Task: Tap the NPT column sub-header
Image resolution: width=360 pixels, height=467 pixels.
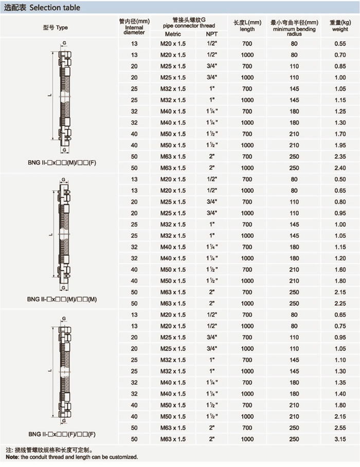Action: [211, 33]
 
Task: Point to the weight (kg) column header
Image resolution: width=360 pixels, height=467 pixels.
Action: [340, 26]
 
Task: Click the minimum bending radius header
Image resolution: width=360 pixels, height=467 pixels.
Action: [294, 26]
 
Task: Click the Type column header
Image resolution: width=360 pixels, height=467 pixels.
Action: [55, 28]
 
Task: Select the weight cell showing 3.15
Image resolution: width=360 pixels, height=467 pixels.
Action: [340, 439]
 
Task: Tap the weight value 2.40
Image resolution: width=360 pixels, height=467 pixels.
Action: [340, 168]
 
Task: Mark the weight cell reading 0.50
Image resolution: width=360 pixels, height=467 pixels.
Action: [340, 179]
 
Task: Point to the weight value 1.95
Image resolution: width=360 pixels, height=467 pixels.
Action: [340, 145]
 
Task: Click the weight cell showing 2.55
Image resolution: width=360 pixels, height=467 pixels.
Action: [340, 428]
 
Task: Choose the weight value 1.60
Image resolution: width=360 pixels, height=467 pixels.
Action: [340, 270]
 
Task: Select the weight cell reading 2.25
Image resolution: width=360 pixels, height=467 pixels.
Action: [340, 304]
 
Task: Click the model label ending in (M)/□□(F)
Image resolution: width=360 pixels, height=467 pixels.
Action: [61, 163]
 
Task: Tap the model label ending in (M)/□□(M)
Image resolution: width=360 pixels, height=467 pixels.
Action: [61, 298]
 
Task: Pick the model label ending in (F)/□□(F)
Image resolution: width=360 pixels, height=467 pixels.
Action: [61, 434]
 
